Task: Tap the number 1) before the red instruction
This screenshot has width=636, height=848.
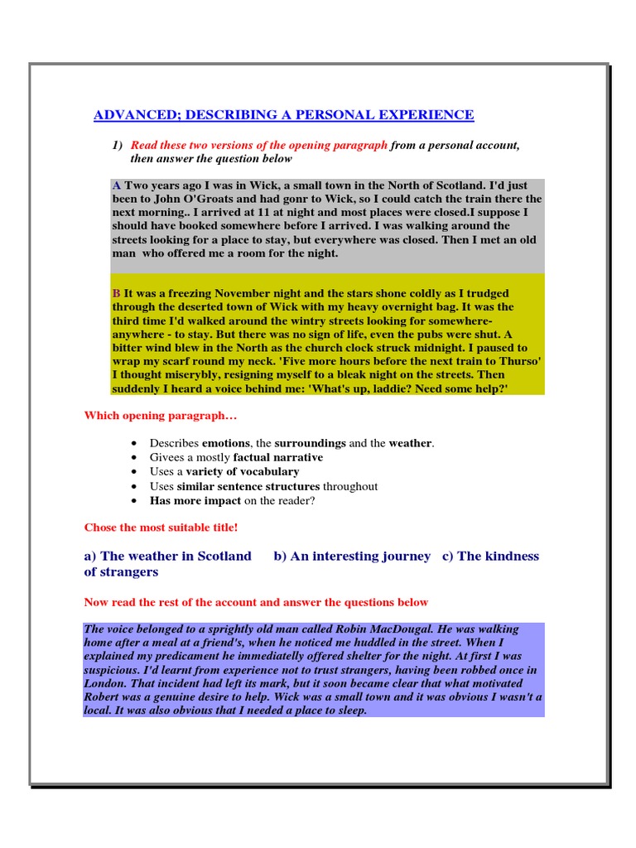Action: pyautogui.click(x=117, y=145)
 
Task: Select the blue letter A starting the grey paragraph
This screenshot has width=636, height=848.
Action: pyautogui.click(x=116, y=185)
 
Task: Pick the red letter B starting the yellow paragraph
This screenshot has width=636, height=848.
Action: pyautogui.click(x=116, y=293)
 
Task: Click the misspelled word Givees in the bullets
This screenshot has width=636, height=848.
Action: pyautogui.click(x=166, y=457)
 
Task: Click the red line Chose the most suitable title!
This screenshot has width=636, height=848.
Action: pyautogui.click(x=161, y=528)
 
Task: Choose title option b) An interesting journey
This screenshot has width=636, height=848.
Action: pyautogui.click(x=352, y=556)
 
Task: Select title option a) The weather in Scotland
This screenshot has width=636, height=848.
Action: pyautogui.click(x=167, y=556)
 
